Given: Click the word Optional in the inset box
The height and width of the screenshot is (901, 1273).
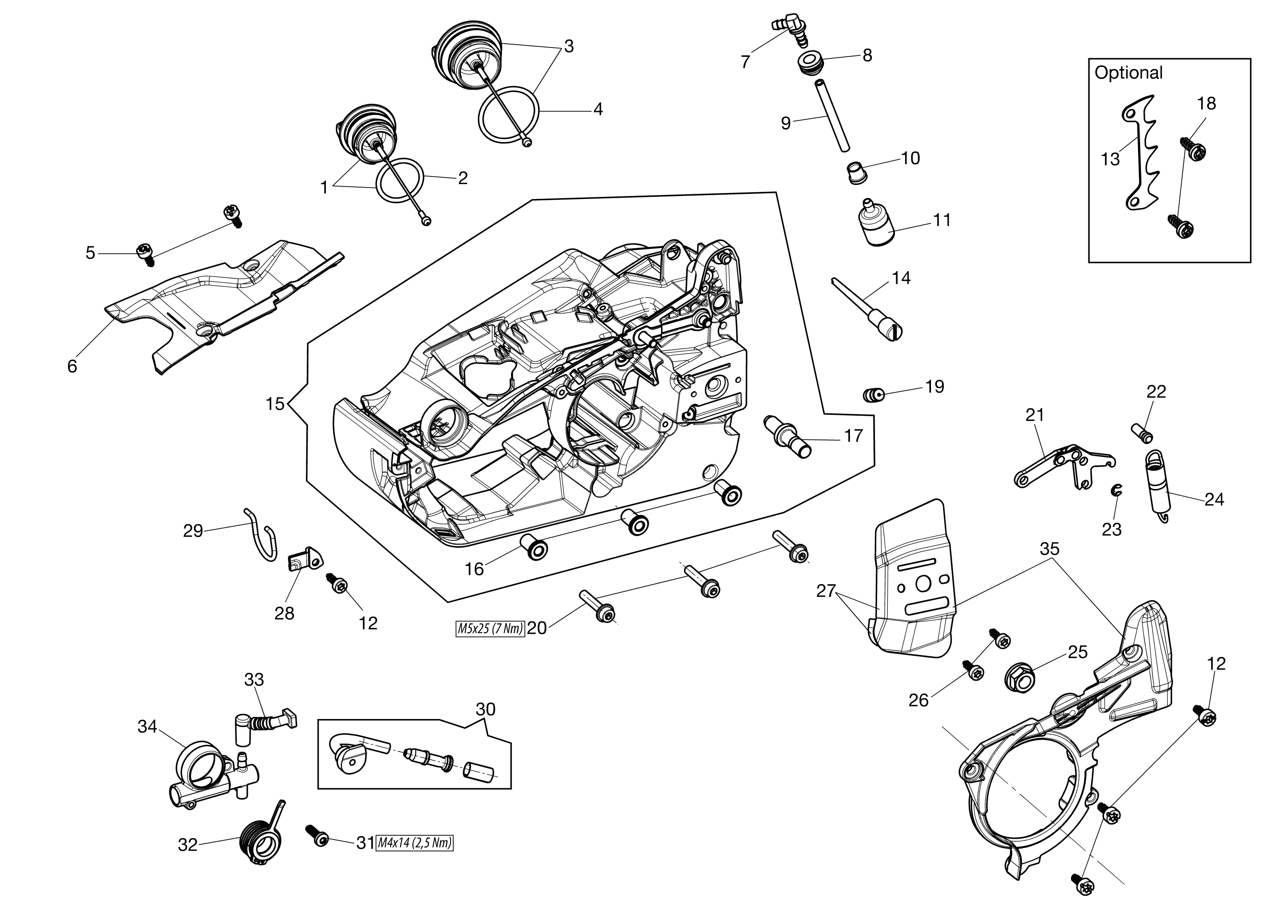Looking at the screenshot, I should pyautogui.click(x=1128, y=73).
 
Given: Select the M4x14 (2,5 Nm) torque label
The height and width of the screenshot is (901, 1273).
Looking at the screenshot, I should pyautogui.click(x=415, y=843).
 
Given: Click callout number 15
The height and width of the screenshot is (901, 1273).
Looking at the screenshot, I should pyautogui.click(x=275, y=404).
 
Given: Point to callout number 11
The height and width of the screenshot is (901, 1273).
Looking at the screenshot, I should pyautogui.click(x=942, y=220).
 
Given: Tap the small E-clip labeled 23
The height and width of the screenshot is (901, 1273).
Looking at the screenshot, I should pyautogui.click(x=1116, y=490).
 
